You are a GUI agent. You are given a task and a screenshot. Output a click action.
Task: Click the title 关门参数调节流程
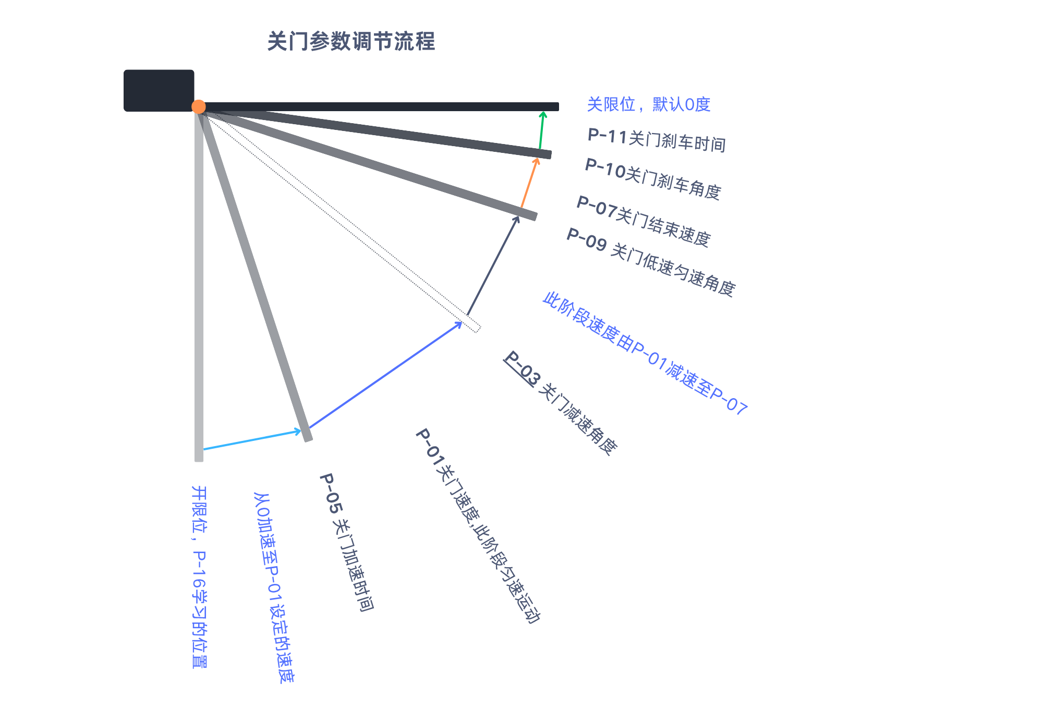tap(351, 41)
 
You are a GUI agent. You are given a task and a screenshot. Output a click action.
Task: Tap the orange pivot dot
tap(198, 106)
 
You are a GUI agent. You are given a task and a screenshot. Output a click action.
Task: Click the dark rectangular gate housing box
tap(159, 90)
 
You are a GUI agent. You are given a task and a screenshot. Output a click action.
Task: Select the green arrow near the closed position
tap(541, 130)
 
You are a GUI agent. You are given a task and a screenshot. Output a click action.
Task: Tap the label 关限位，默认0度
tap(649, 104)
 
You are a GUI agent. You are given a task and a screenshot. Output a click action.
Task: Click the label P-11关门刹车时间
tap(657, 139)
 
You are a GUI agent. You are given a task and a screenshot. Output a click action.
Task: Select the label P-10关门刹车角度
tap(653, 178)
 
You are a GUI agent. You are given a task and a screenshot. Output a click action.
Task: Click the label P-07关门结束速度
tap(644, 221)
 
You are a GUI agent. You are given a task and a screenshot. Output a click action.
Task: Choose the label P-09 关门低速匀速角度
tap(651, 262)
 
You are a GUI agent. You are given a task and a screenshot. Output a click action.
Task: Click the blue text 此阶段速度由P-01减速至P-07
tap(645, 353)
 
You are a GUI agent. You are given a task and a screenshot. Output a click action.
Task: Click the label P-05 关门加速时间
tap(346, 542)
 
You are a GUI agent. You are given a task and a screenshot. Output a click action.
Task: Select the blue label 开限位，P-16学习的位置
tap(199, 577)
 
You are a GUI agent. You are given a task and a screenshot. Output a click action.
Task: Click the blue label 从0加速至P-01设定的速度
tap(274, 588)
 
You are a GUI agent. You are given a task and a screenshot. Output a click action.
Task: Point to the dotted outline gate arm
tap(339, 219)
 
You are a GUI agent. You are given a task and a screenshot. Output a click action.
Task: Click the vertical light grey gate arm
tap(199, 284)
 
